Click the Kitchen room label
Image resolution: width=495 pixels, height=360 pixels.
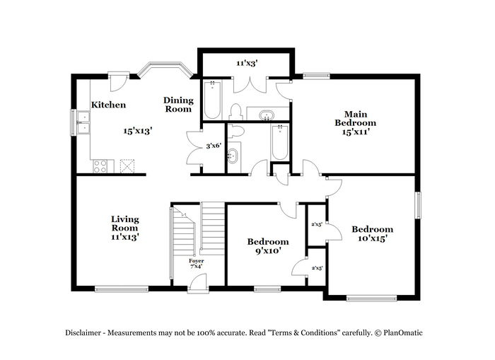[108, 105]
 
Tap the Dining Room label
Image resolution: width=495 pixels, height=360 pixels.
[178, 105]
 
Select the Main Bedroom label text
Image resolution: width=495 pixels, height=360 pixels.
[356, 118]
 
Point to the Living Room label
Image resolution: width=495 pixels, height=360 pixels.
[125, 223]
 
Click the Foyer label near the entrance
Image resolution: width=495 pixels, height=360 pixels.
[197, 261]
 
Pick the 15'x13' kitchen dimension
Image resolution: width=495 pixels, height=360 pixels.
[138, 131]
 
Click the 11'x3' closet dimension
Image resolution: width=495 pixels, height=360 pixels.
[248, 63]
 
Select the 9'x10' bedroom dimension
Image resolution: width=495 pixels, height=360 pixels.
[268, 251]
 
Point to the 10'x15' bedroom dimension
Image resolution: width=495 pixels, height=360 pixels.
[373, 238]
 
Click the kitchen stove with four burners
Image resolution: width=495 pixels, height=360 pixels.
[100, 166]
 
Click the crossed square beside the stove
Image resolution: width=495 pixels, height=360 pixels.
[127, 166]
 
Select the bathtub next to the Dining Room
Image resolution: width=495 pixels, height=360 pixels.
[212, 100]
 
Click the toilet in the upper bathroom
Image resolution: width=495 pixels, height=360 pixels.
[235, 112]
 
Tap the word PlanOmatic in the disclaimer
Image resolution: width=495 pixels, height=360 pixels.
[403, 332]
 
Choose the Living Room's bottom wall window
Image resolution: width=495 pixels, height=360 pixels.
[122, 289]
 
